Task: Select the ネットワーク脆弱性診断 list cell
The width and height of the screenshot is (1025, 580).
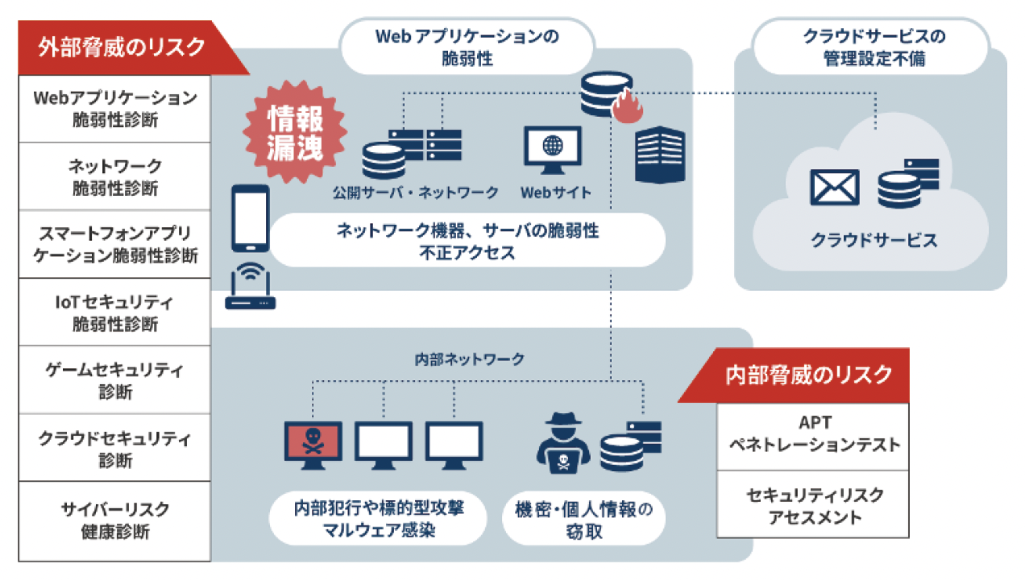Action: [x=114, y=176]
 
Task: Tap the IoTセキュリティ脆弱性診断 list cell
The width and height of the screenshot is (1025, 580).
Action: [x=114, y=313]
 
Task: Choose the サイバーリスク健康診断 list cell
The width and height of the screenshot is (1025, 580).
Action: [x=114, y=521]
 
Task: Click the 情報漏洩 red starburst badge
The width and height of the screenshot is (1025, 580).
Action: [x=295, y=133]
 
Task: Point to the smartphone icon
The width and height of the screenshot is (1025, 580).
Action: [x=251, y=218]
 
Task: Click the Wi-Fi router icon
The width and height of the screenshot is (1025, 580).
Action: [x=251, y=286]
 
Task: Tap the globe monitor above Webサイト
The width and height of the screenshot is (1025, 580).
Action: [x=553, y=150]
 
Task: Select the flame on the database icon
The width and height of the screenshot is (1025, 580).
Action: [x=628, y=106]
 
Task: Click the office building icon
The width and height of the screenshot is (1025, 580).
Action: [x=660, y=155]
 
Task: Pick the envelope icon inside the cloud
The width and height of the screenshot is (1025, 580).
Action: [x=835, y=188]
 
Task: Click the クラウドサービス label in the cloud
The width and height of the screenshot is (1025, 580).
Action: [x=874, y=240]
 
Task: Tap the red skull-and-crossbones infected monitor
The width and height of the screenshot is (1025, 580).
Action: [x=313, y=445]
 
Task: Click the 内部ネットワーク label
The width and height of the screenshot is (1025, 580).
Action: [x=469, y=359]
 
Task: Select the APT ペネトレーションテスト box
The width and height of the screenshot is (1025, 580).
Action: [x=813, y=437]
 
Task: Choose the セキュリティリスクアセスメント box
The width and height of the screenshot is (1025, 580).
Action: [x=813, y=504]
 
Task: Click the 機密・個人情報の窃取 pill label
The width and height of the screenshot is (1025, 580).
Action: [x=584, y=519]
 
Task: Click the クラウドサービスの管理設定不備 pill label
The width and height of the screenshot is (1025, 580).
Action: [x=871, y=47]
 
